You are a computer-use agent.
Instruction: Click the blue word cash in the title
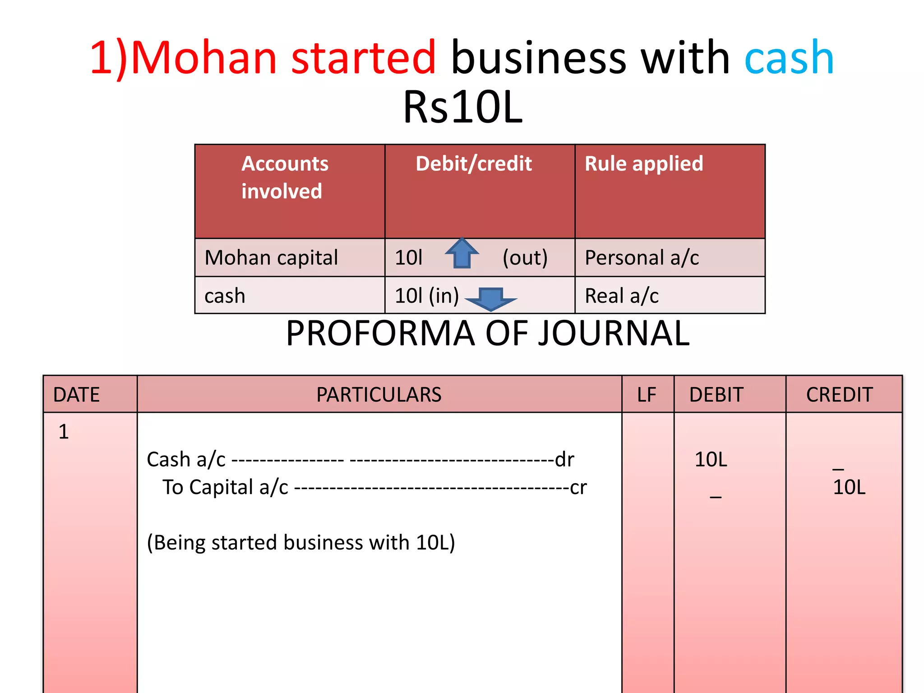[x=789, y=58]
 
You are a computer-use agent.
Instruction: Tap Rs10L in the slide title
[x=462, y=107]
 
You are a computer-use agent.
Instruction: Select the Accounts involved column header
[x=285, y=177]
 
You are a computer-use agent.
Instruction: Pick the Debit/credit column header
[x=474, y=163]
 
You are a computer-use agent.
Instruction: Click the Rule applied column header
[x=643, y=163]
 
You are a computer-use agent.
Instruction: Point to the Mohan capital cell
[x=271, y=258]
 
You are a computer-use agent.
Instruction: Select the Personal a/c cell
[x=642, y=258]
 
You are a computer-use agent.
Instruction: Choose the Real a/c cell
[x=621, y=296]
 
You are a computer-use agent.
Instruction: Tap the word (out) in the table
[x=525, y=258]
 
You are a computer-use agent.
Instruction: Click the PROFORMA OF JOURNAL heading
[x=488, y=333]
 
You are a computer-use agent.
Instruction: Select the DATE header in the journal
[x=76, y=395]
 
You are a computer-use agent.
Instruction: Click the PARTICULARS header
[x=379, y=395]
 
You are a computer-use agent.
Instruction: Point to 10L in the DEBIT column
[x=711, y=460]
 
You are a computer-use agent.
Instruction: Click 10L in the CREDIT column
[x=849, y=487]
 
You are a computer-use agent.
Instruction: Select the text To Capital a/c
[x=225, y=487]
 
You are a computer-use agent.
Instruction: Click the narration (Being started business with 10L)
[x=301, y=542]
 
